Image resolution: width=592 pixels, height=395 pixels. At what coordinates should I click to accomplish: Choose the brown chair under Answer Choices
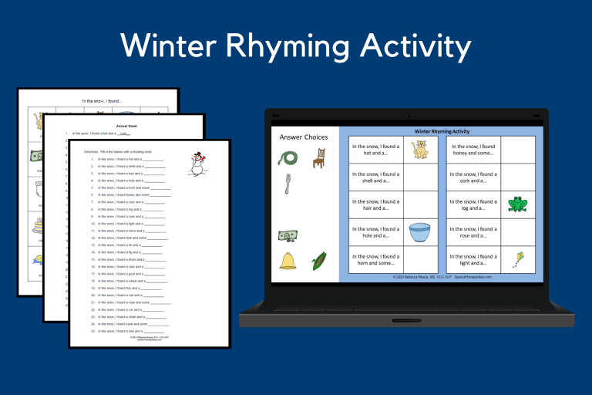point(319,158)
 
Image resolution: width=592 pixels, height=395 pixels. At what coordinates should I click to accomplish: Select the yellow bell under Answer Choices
point(288,260)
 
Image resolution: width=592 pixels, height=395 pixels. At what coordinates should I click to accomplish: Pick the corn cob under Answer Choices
point(318,260)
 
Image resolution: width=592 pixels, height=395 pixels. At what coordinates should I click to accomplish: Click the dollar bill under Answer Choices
point(288,235)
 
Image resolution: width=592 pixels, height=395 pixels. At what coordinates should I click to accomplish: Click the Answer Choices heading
point(303,137)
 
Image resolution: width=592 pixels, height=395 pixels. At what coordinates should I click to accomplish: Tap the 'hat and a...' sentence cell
point(375,150)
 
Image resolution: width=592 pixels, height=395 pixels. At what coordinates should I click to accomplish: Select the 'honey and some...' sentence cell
point(473,150)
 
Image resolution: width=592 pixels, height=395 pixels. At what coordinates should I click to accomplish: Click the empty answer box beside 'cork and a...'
point(517,177)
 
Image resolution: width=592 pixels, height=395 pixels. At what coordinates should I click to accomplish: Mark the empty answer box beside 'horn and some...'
point(420,260)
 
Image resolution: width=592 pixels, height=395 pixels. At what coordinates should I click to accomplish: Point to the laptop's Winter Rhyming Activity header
point(442,131)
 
